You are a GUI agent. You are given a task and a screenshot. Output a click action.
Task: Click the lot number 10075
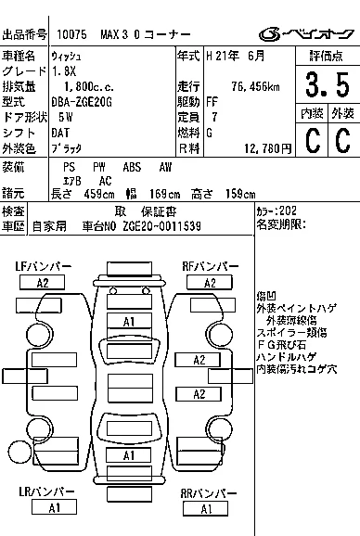click(71, 34)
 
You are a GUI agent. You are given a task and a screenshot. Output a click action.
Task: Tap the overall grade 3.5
click(328, 84)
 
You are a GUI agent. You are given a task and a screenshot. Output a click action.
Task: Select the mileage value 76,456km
click(255, 87)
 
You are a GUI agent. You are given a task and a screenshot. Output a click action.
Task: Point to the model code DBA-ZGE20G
click(82, 102)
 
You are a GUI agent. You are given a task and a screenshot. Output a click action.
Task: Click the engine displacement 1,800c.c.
click(89, 87)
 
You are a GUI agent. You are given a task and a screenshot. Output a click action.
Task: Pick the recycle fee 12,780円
click(268, 148)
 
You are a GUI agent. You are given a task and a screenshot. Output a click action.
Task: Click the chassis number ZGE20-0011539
click(161, 226)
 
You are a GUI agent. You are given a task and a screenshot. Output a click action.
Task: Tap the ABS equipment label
click(132, 167)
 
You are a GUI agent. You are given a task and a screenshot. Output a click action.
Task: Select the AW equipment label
click(165, 167)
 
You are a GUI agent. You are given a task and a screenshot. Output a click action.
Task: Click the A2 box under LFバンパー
click(43, 283)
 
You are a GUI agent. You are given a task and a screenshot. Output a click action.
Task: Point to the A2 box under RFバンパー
click(210, 283)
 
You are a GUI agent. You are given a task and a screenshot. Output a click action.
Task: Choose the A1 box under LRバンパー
click(55, 507)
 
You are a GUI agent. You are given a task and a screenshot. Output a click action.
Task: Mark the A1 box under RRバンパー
click(205, 509)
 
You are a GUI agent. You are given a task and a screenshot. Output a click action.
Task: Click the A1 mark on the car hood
click(129, 322)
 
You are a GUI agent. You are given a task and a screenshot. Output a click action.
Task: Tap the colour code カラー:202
click(276, 211)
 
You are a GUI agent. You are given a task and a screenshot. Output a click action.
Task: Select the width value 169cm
click(164, 194)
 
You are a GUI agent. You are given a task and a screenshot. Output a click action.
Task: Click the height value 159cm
click(240, 194)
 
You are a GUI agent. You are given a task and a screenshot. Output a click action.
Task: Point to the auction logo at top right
click(306, 34)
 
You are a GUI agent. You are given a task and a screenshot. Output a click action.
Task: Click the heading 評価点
click(326, 56)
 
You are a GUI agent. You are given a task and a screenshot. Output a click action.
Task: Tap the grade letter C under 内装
click(313, 140)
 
